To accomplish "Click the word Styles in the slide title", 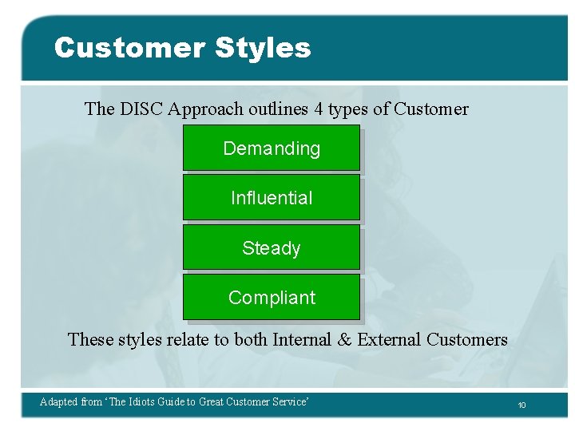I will coord(263,48).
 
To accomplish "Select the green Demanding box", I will coord(272,148).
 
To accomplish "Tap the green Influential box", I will coord(272,198).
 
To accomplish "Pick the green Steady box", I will coord(272,247).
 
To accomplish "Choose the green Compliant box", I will coord(272,297).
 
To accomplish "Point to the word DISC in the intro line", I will coord(141,109).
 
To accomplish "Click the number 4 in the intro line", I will coord(319,109).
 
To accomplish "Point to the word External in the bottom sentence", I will coord(389,340).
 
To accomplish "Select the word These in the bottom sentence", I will coord(91,340).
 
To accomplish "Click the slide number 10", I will coord(521,405).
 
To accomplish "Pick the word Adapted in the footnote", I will coord(59,402).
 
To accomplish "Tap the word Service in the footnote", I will coord(289,402).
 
